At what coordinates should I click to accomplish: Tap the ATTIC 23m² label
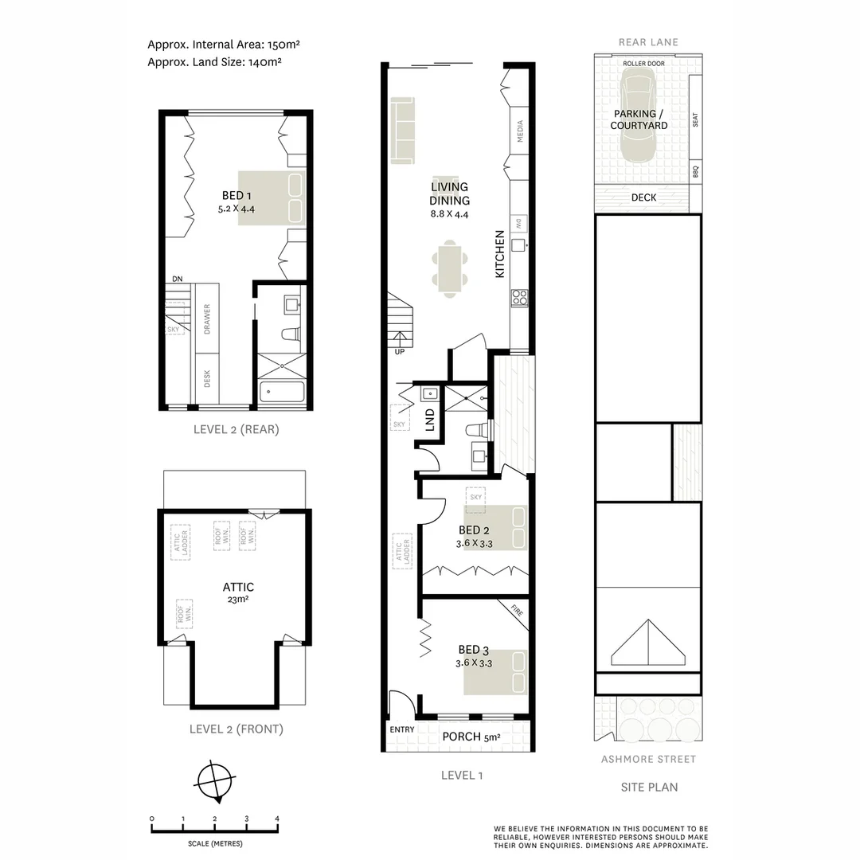click(x=238, y=592)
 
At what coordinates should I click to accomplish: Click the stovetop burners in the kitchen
click(x=520, y=297)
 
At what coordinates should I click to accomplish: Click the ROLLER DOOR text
click(x=644, y=62)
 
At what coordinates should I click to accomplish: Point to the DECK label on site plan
click(x=643, y=197)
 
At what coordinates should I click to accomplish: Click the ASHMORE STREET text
click(x=648, y=759)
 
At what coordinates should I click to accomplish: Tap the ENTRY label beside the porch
click(x=401, y=729)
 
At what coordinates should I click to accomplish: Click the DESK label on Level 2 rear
click(x=207, y=377)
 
